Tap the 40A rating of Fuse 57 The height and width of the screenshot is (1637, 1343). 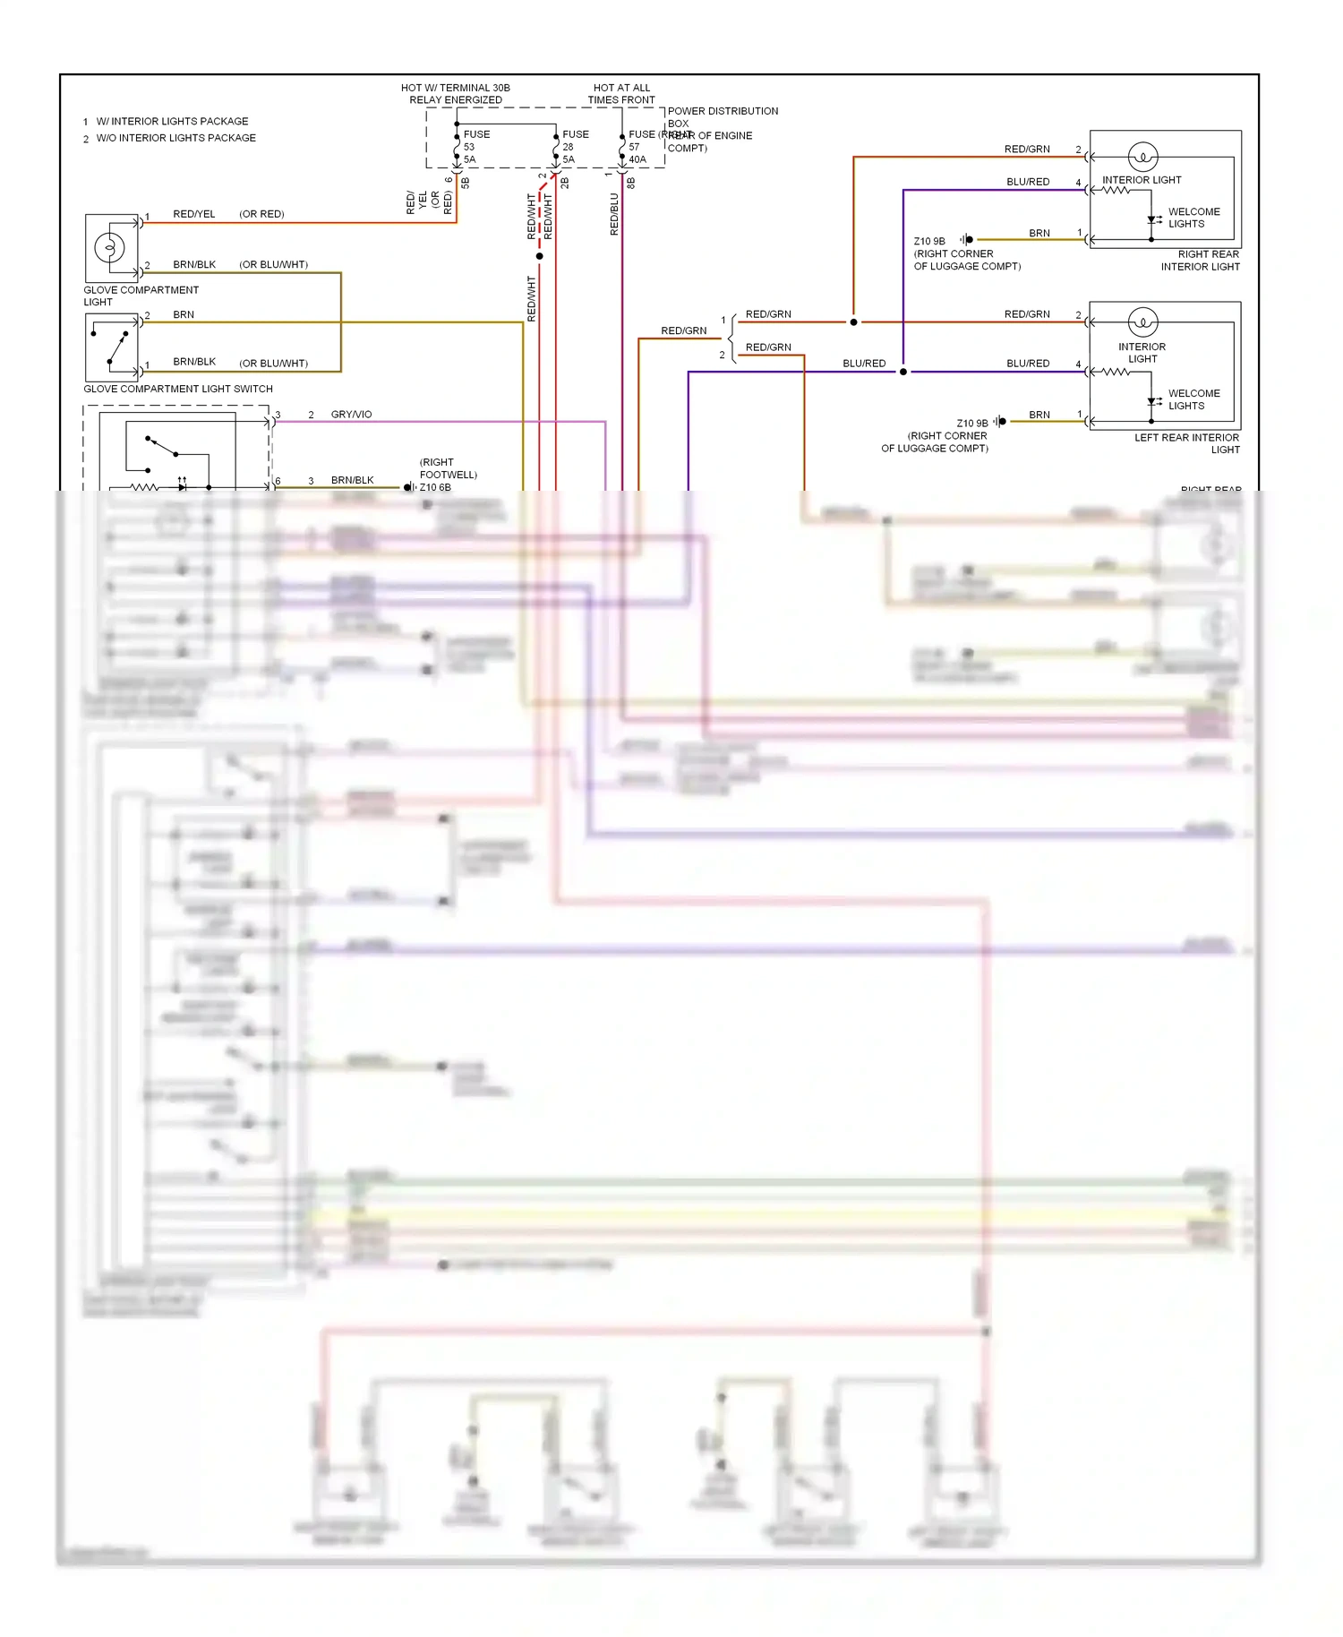(x=637, y=159)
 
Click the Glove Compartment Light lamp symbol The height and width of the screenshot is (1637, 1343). (x=110, y=246)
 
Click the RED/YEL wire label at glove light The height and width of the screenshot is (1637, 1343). (x=194, y=214)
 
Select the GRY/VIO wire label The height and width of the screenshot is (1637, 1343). (x=351, y=415)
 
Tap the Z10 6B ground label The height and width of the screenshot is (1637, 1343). (x=435, y=487)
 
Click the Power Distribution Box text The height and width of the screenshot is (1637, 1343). (x=722, y=111)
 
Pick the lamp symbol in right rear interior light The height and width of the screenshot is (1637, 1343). (x=1142, y=157)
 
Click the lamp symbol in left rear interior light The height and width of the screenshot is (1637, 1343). (x=1142, y=321)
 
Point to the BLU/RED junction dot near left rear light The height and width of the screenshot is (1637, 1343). (x=902, y=372)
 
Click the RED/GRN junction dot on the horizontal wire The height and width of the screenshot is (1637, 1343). (x=853, y=321)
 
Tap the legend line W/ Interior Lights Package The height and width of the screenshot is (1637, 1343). (x=172, y=121)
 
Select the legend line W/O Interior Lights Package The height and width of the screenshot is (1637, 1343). (x=175, y=138)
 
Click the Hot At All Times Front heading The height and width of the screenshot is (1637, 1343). (x=621, y=94)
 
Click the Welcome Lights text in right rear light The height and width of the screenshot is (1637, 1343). (x=1193, y=218)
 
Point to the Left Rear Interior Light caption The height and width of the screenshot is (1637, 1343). (x=1187, y=443)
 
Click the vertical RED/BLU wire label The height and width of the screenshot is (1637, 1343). (x=614, y=214)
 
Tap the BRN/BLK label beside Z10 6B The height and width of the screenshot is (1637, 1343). (x=352, y=480)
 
